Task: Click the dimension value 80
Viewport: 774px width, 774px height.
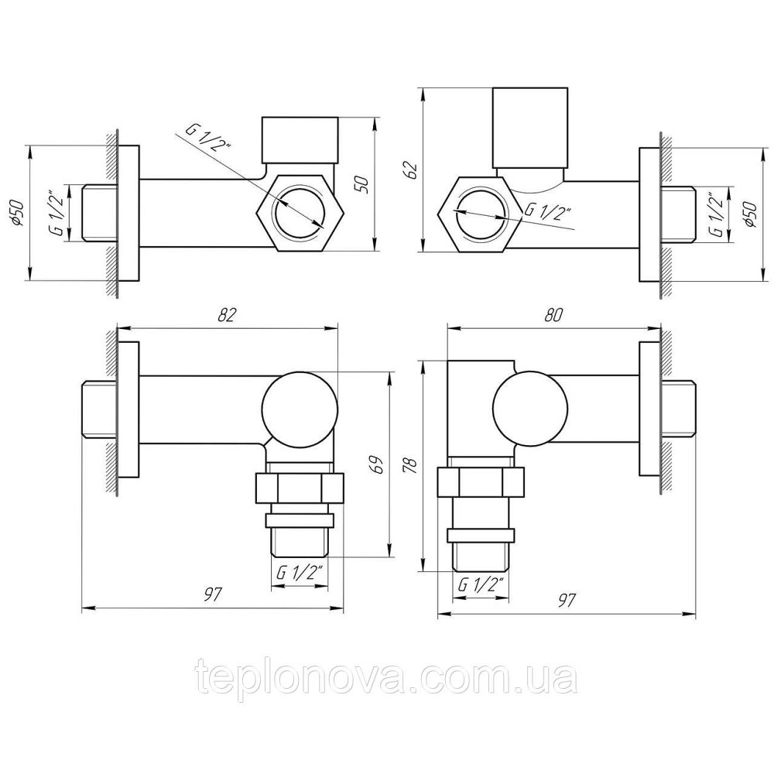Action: pos(551,315)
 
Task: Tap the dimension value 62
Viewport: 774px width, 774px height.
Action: pos(412,168)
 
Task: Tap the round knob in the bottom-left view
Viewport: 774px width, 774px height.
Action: pos(300,409)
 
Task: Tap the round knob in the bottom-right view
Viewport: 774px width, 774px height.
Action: pos(531,409)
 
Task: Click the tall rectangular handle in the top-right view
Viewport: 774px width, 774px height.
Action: pos(533,128)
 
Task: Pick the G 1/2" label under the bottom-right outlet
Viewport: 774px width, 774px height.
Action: pos(481,585)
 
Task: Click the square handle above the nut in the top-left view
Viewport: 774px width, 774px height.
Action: pos(300,138)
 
